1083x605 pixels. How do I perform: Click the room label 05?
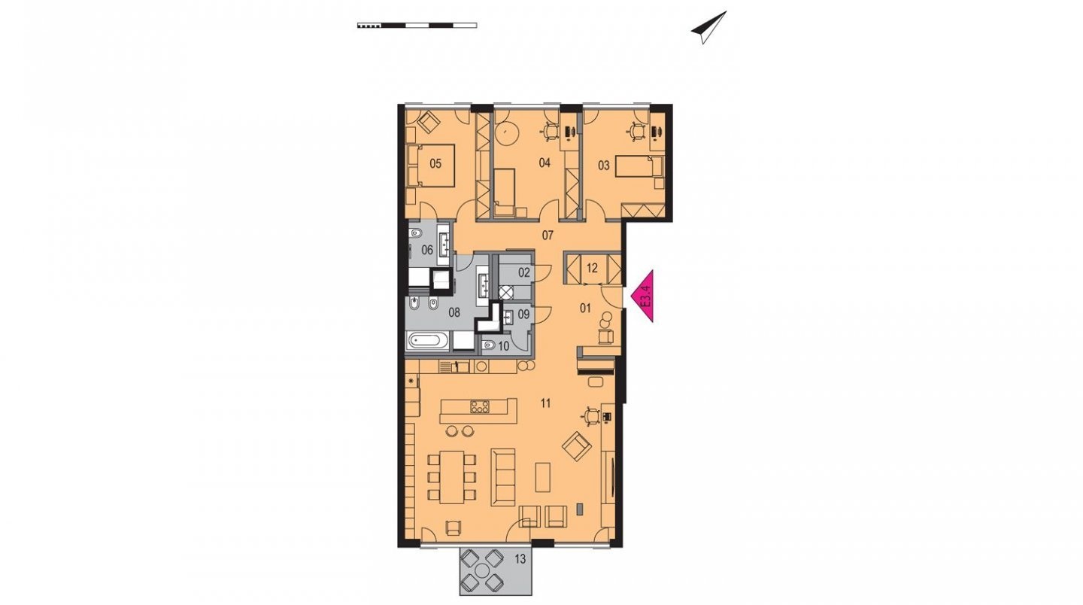435,163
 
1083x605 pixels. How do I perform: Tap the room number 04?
545,163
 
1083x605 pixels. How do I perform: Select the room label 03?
604,166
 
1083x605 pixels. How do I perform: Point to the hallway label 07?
548,236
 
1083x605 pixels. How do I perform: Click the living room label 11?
546,403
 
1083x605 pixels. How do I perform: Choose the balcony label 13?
520,560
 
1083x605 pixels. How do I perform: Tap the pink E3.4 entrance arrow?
642,296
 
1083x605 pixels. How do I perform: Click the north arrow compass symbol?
708,27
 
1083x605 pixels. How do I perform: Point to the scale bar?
417,25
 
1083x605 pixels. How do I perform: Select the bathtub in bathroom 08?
425,340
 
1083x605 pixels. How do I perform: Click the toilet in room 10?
488,345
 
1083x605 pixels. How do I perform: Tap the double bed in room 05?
431,166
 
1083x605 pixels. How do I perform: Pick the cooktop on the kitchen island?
479,406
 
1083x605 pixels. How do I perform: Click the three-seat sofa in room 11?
503,477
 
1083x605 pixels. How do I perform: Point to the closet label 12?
593,269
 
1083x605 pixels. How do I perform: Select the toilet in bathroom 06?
415,235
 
